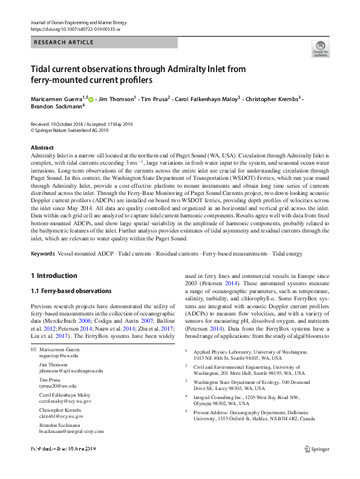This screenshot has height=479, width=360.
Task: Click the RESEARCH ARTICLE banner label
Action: click(64, 42)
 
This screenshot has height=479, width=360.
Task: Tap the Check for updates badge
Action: click(320, 50)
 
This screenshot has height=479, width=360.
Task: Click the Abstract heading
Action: click(42, 148)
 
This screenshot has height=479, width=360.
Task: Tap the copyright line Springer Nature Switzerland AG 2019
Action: click(72, 130)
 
